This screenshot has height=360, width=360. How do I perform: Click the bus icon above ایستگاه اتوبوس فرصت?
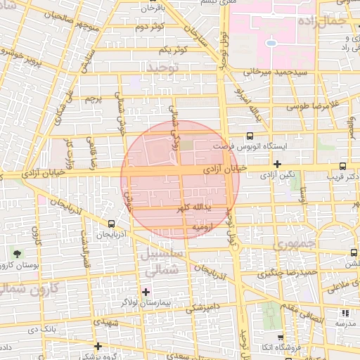[x=250, y=136]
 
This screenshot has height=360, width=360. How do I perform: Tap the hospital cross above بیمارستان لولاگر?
[x=146, y=291]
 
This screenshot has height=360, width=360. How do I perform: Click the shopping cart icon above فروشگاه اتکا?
[x=281, y=337]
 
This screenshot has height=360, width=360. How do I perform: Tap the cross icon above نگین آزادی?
[x=278, y=164]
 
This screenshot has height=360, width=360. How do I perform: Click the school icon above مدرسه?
[x=345, y=314]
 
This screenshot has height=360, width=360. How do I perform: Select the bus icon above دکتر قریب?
[x=342, y=167]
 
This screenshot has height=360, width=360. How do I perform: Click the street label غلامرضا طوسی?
[x=311, y=105]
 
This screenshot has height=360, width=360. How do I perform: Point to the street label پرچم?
[x=94, y=99]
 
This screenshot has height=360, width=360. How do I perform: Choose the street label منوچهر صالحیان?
[x=55, y=15]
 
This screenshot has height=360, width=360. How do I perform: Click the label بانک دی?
[x=41, y=328]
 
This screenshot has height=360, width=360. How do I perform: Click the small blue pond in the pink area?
[x=271, y=44]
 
